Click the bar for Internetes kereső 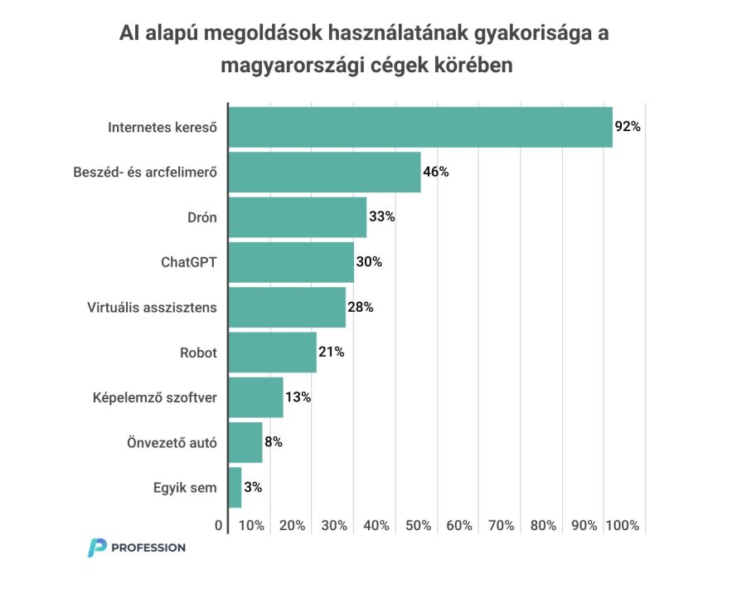pos(419,128)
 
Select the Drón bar pos(297,217)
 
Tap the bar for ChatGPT pos(291,262)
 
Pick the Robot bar pos(272,352)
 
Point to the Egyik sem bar pos(235,488)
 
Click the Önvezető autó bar pos(245,442)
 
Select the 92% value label pos(628,128)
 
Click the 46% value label pos(435,173)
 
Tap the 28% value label pos(361,307)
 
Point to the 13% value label pos(298,397)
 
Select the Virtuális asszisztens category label pos(152,307)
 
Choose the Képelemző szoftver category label pos(155,397)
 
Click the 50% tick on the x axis pos(418,525)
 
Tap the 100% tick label pos(623,525)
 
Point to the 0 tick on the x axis pos(219,525)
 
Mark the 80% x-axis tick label pos(543,525)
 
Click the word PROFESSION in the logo pos(148,548)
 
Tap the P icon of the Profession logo pos(97,548)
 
